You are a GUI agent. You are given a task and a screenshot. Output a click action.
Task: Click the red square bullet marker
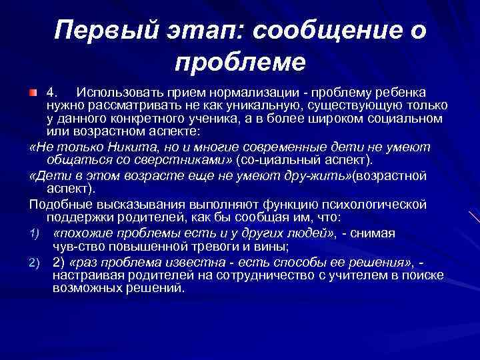pyautogui.click(x=33, y=91)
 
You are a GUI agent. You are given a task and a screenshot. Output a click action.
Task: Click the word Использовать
pyautogui.click(x=115, y=91)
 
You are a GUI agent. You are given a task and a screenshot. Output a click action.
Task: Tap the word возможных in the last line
pyautogui.click(x=83, y=288)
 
